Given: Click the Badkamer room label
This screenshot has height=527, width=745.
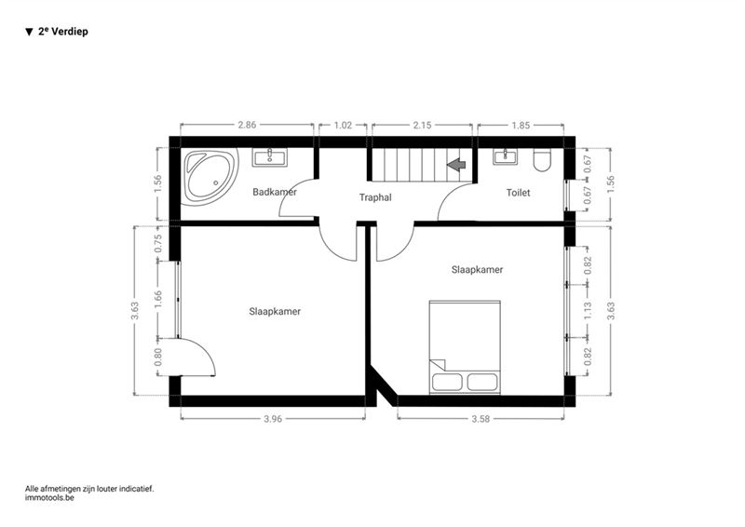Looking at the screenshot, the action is tap(275, 192).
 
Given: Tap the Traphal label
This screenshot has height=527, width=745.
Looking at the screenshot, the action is tap(375, 197).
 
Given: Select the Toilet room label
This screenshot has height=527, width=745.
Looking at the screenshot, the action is tap(518, 193).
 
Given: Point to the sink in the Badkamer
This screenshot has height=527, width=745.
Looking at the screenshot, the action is tap(270, 156).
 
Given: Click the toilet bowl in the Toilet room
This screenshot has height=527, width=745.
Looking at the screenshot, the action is tap(542, 160).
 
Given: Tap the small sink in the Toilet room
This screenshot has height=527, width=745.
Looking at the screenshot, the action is tap(505, 156).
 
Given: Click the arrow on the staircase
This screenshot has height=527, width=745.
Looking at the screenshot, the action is tap(456, 165).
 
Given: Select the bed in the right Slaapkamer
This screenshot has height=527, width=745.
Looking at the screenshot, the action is tap(465, 347).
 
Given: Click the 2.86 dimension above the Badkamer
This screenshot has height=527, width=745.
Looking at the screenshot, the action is tap(247, 125).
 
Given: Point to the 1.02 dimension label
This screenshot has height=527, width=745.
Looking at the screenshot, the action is tap(343, 125).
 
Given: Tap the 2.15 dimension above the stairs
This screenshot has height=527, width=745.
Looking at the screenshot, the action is tap(423, 125).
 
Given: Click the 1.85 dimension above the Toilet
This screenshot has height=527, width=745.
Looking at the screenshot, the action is tap(521, 125).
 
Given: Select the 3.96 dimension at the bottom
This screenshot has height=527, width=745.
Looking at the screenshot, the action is tap(273, 419).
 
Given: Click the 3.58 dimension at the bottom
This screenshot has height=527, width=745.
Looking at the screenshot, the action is tap(481, 419).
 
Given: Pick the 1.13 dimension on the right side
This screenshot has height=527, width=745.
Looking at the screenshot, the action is tap(589, 311).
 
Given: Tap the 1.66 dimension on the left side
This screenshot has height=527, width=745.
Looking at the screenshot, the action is tap(158, 300).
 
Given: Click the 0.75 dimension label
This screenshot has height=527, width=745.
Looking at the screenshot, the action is tap(158, 243).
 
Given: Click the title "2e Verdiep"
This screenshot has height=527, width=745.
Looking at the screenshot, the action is tap(62, 32).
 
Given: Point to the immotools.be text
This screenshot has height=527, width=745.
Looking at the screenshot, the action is tap(50, 498).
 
